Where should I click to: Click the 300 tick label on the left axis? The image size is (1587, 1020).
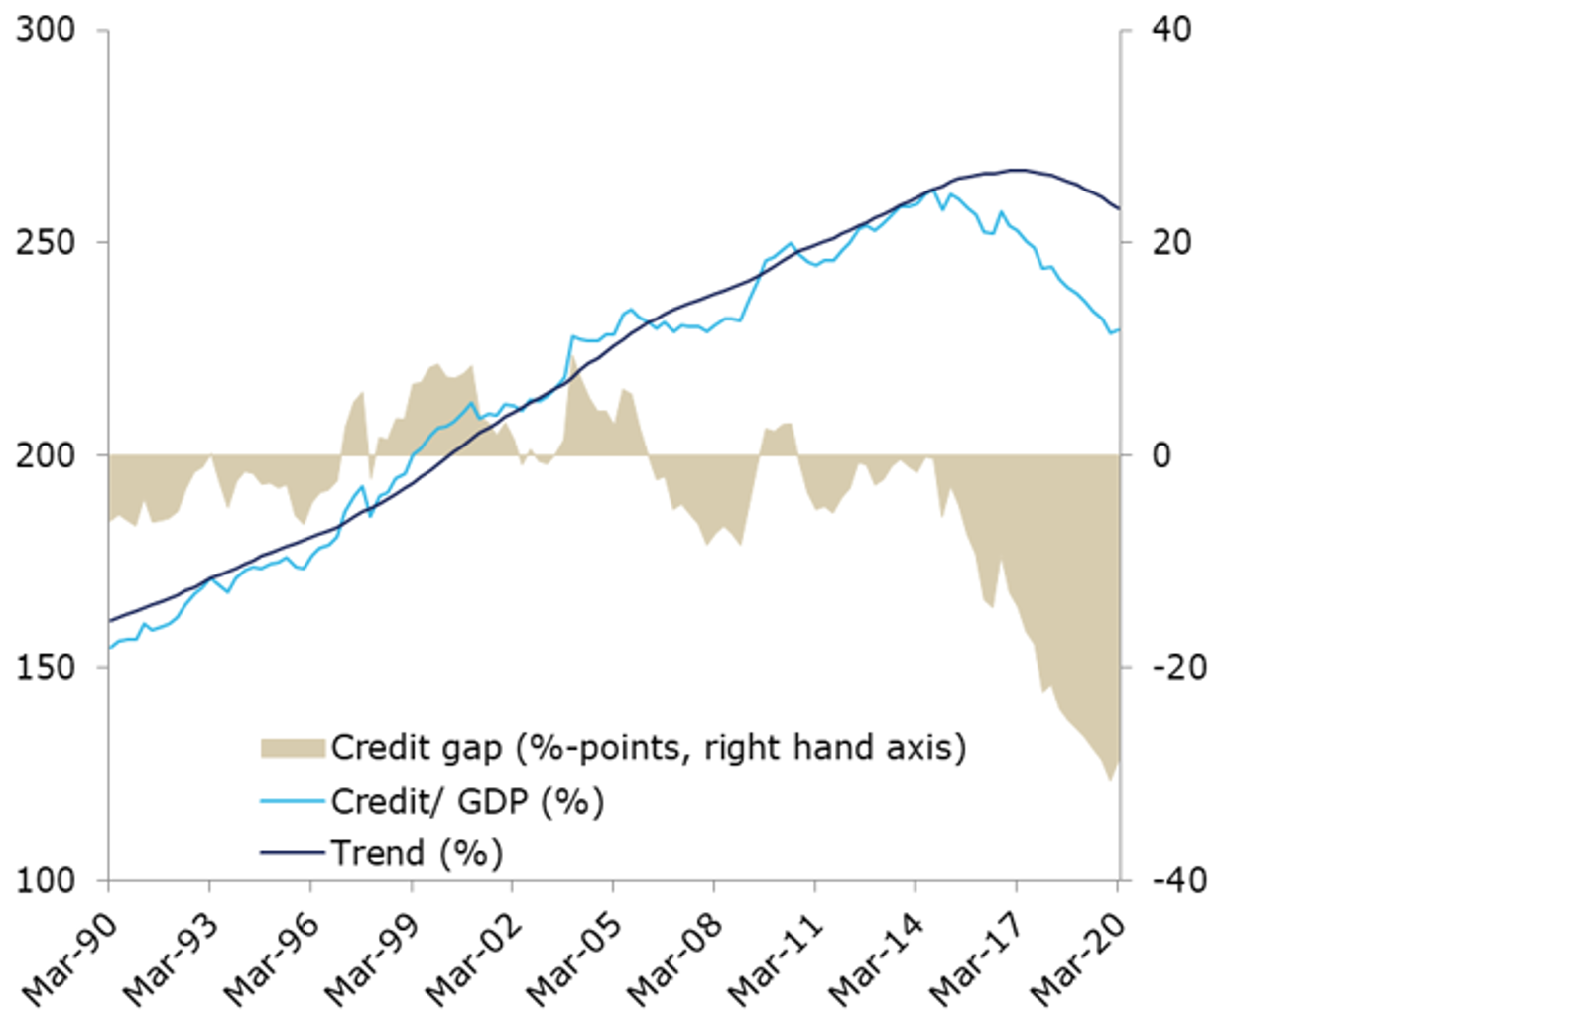point(46,30)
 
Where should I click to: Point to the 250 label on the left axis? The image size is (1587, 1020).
point(46,242)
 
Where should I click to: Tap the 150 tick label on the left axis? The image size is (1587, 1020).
point(46,667)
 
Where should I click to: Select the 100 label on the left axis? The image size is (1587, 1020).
point(46,880)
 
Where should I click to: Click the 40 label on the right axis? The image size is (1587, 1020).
point(1171,30)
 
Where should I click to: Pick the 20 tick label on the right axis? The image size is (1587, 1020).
point(1171,242)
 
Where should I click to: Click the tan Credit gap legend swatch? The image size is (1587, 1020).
point(293,748)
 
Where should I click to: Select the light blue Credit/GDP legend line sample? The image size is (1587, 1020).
point(293,801)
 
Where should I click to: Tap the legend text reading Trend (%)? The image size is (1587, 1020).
point(417,853)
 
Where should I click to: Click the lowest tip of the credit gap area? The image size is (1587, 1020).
point(1111,780)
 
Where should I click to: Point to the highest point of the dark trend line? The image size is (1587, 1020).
point(1018,170)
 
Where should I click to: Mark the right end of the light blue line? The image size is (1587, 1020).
point(1119,329)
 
